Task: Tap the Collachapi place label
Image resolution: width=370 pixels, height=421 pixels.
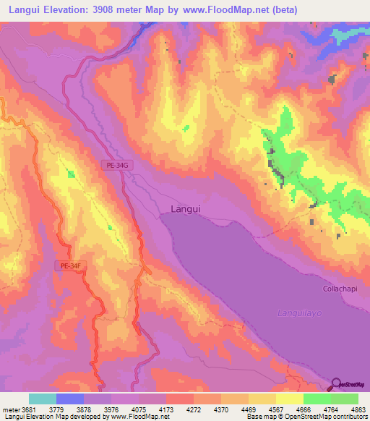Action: click(x=338, y=289)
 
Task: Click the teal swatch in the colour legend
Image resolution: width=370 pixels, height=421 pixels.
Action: click(x=42, y=399)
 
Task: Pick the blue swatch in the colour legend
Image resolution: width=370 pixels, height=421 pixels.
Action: click(x=70, y=399)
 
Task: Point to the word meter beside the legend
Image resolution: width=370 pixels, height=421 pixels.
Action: click(x=11, y=408)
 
